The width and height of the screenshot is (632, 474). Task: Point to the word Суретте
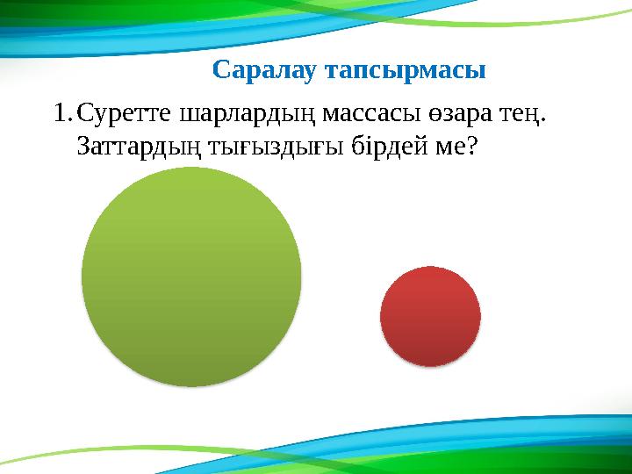125,114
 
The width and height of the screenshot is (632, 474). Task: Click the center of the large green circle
191,276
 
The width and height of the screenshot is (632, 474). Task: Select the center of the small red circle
430,316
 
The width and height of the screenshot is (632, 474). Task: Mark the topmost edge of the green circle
191,168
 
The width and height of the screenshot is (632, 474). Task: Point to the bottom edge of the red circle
430,365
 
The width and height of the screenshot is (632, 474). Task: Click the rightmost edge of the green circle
301,276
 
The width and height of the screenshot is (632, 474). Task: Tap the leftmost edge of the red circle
380,316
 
